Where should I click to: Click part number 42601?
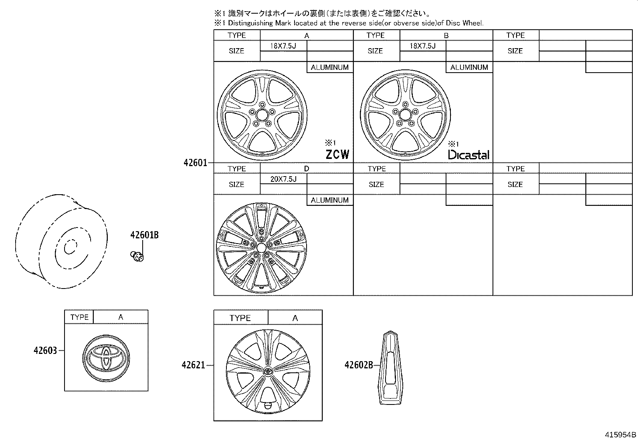coord(195,163)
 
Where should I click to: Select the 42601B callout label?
coord(144,235)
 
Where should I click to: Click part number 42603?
coord(45,351)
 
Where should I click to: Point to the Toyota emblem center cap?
coord(106,357)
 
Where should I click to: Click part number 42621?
coord(193,365)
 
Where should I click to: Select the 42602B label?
coord(359,365)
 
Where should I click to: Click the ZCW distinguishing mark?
coord(337,154)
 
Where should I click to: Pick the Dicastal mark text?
coord(468,155)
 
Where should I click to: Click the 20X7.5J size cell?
coord(283,179)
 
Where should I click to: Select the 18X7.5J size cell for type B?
coord(422,46)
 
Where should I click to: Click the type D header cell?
coord(307,169)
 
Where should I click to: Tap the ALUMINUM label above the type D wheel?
coord(329,200)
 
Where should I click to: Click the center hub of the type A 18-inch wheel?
coord(262,115)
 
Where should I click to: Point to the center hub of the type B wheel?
coord(405,115)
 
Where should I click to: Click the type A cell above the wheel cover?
coord(295,318)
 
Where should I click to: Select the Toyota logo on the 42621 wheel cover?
coord(268,371)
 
